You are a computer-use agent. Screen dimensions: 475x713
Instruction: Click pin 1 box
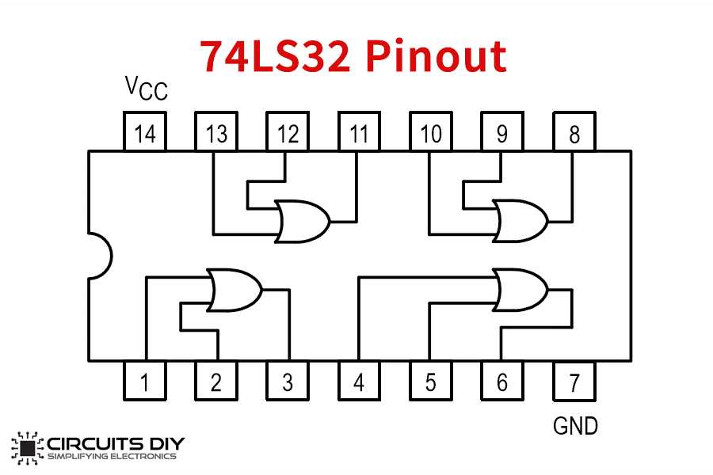pos(145,382)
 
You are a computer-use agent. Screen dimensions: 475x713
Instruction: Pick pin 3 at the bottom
pos(288,382)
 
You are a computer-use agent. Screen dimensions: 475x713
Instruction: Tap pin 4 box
pos(359,382)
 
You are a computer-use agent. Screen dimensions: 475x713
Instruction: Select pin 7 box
pos(574,382)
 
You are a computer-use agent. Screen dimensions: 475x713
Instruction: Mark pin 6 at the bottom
pos(501,382)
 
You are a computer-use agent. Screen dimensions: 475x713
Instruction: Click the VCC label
pos(147,88)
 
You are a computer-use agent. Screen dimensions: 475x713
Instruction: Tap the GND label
pos(574,426)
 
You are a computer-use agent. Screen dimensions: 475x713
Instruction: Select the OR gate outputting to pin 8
pos(519,221)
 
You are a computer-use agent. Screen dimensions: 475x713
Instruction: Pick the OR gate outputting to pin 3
pos(234,290)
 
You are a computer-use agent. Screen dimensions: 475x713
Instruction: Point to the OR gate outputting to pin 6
pos(519,290)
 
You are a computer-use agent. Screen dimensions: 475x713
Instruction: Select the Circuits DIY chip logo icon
pos(28,446)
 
